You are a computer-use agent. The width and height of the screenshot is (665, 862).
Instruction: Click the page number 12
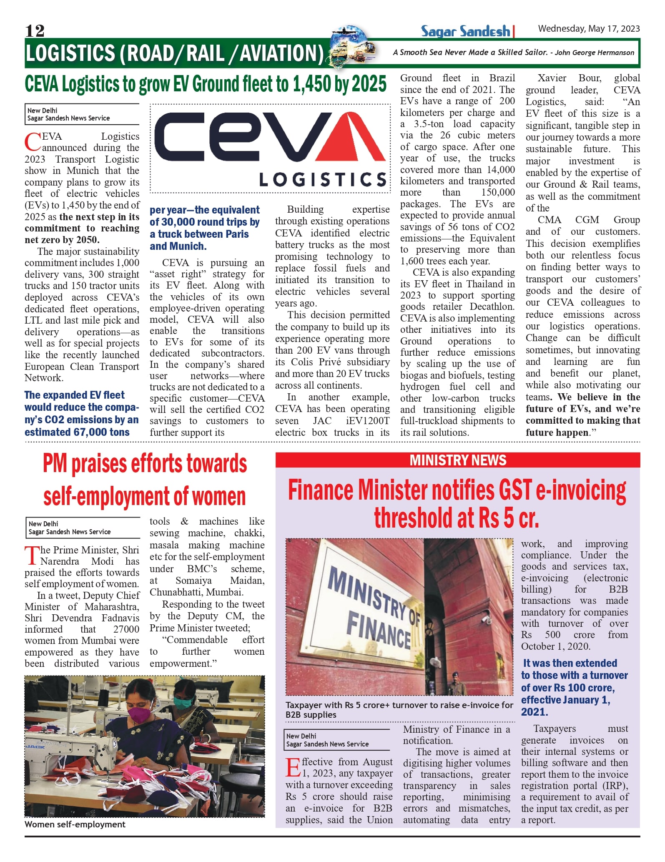click(35, 30)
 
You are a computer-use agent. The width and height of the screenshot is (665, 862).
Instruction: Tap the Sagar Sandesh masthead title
click(465, 31)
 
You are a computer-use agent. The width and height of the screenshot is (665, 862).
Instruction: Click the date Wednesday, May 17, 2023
click(589, 28)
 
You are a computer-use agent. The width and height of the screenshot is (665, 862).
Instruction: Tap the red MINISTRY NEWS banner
click(457, 460)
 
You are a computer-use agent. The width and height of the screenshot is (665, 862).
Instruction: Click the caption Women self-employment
click(75, 824)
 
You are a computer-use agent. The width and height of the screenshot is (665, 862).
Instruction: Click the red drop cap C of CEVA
click(33, 142)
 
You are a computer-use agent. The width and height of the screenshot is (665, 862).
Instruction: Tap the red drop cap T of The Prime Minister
click(32, 555)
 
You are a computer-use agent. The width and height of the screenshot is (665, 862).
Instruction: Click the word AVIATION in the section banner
click(280, 53)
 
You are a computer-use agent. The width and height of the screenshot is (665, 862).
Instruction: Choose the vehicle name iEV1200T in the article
click(367, 421)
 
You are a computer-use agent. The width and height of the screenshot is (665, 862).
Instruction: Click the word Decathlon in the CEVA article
click(492, 307)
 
